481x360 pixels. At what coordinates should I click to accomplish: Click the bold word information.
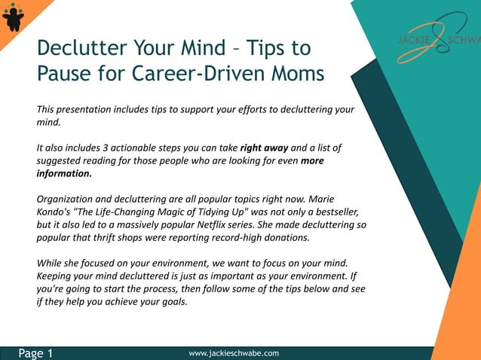point(64,173)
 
